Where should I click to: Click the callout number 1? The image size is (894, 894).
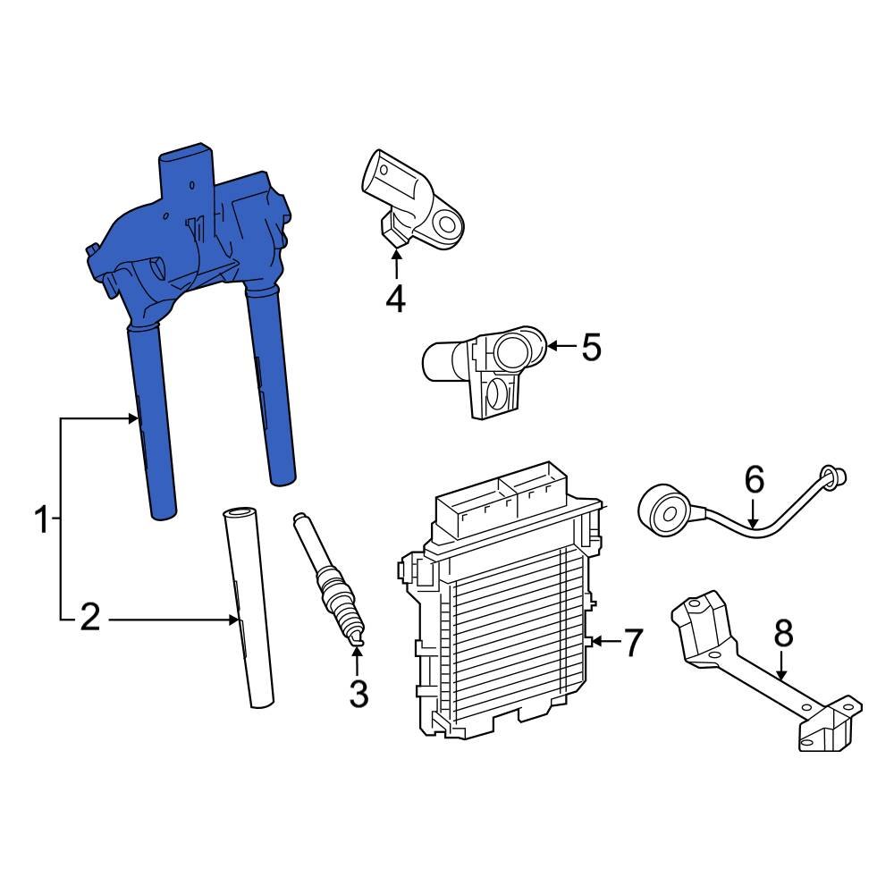click(40, 519)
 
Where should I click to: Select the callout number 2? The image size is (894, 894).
click(89, 618)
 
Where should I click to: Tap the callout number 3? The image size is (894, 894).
click(358, 693)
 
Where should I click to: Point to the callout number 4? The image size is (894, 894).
click(395, 299)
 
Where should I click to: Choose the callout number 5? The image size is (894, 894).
click(591, 347)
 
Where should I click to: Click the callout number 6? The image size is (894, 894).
click(754, 481)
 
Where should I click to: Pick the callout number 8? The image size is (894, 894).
click(782, 634)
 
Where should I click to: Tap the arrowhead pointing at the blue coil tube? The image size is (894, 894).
click(134, 417)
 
